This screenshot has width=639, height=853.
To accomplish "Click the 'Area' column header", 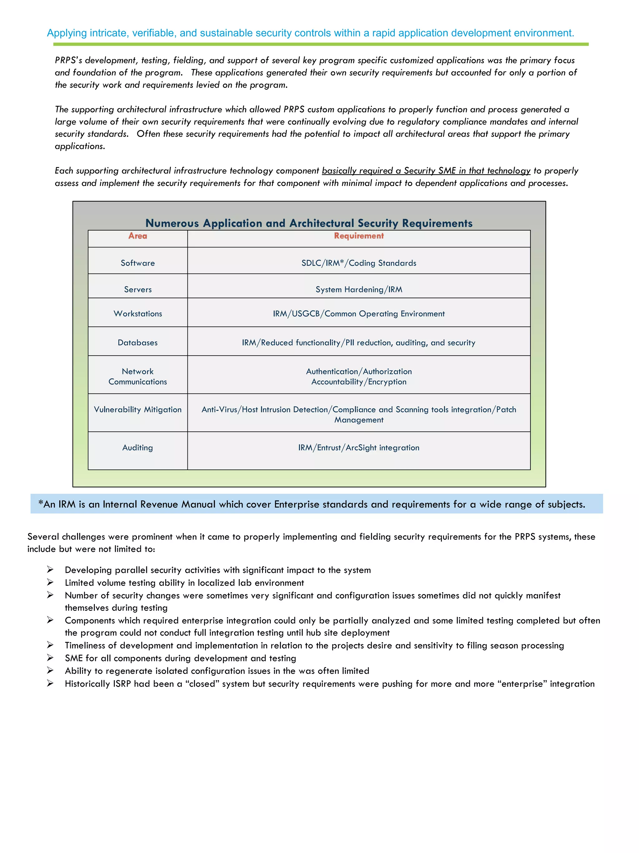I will tap(138, 236).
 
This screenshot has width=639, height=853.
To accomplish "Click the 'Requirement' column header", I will tap(359, 236).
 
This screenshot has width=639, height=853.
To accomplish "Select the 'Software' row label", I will tap(138, 263).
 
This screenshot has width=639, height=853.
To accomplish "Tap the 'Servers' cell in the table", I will tap(138, 290).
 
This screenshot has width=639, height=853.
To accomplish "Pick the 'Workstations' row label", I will tap(138, 314).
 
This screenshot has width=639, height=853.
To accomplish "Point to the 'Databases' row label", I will tap(138, 343).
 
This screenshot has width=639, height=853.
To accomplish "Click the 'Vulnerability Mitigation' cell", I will tap(138, 410).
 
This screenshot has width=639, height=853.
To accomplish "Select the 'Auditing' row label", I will tap(138, 448).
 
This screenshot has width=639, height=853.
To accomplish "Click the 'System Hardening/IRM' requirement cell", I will tap(359, 290).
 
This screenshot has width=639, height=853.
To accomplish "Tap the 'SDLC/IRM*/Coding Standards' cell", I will tap(359, 263).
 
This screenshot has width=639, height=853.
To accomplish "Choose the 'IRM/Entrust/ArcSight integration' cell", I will tap(359, 448).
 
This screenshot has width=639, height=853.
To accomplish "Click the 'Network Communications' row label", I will tap(138, 376).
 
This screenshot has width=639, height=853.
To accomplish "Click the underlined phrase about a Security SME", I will tap(426, 171).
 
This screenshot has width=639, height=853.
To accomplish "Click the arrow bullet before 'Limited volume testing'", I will tap(50, 582).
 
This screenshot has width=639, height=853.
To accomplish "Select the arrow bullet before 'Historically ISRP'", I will tap(50, 683).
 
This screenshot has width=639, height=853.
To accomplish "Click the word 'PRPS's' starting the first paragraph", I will tap(68, 61).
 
